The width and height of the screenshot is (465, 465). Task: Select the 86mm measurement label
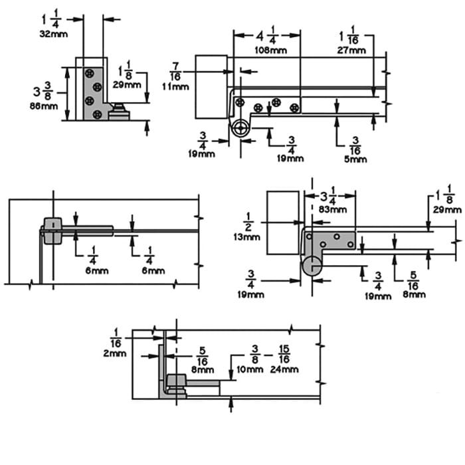(x=45, y=106)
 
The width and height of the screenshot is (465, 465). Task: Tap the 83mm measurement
(x=333, y=210)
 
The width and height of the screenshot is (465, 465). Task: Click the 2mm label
(x=115, y=353)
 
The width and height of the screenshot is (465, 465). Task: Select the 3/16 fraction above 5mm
(x=355, y=143)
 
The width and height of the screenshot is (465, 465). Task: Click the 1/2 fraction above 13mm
(x=248, y=222)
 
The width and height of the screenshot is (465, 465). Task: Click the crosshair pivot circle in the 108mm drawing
(x=240, y=129)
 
